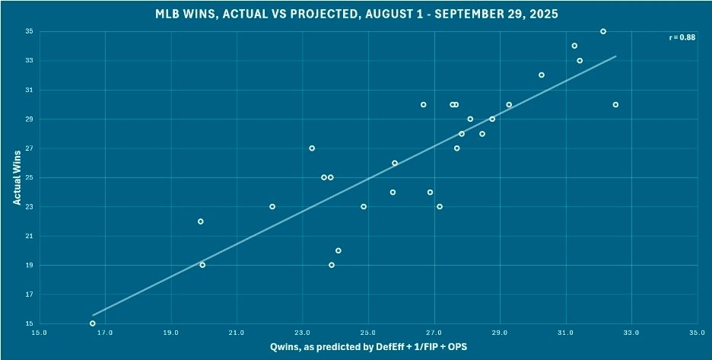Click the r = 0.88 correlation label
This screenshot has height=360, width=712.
pyautogui.click(x=681, y=37)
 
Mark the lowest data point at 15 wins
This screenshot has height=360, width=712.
pyautogui.click(x=93, y=323)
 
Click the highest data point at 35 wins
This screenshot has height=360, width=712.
pyautogui.click(x=603, y=31)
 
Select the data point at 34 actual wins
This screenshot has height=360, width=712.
pyautogui.click(x=574, y=46)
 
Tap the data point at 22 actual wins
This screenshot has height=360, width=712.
pyautogui.click(x=201, y=221)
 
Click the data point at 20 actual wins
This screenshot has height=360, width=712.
pyautogui.click(x=339, y=250)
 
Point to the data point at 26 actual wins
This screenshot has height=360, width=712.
pyautogui.click(x=395, y=163)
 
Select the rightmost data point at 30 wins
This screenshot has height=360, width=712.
pyautogui.click(x=615, y=104)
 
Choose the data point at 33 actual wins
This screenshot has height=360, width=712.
pyautogui.click(x=580, y=60)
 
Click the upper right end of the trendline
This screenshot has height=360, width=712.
pyautogui.click(x=615, y=56)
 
